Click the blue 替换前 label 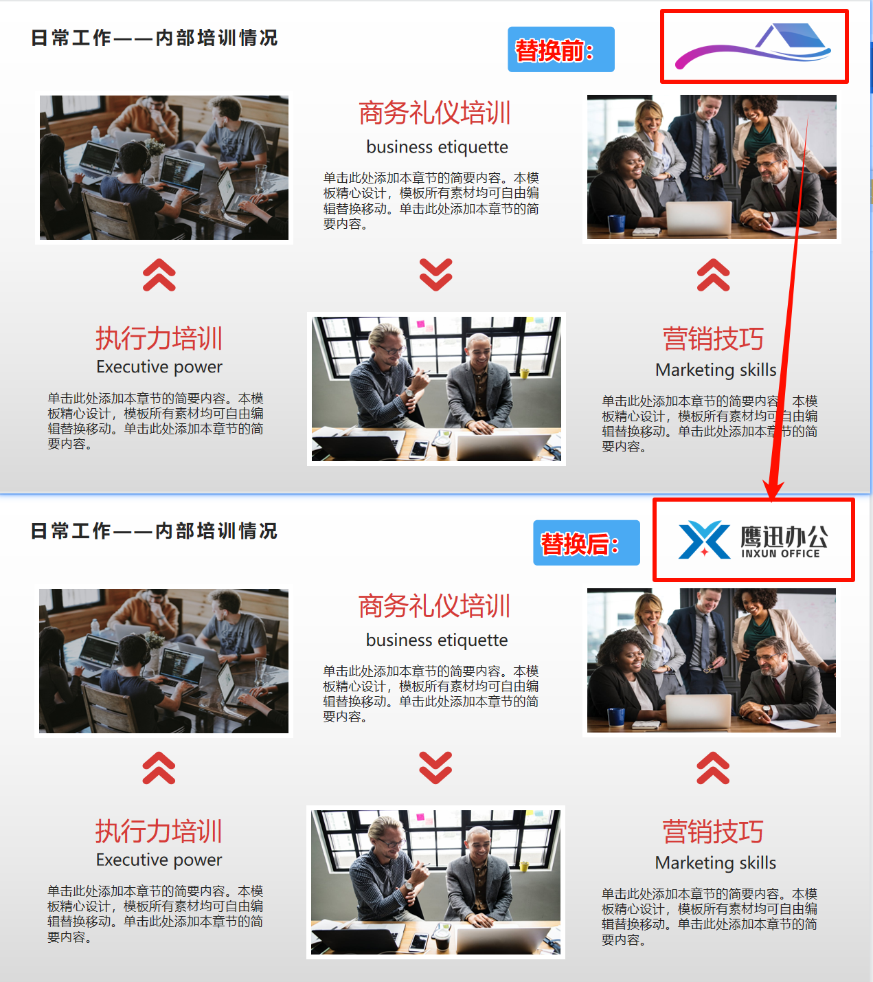pyautogui.click(x=560, y=49)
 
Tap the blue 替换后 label pyautogui.click(x=586, y=543)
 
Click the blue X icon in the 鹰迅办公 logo pyautogui.click(x=704, y=540)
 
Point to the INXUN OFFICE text pyautogui.click(x=780, y=554)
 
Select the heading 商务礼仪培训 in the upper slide pyautogui.click(x=435, y=113)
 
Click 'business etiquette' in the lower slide pyautogui.click(x=437, y=640)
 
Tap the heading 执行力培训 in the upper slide pyautogui.click(x=159, y=338)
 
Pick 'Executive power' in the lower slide pyautogui.click(x=159, y=860)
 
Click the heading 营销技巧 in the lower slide pyautogui.click(x=713, y=832)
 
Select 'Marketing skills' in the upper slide pyautogui.click(x=716, y=370)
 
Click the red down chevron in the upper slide pyautogui.click(x=436, y=275)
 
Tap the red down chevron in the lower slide pyautogui.click(x=436, y=768)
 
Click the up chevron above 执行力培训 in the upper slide pyautogui.click(x=159, y=275)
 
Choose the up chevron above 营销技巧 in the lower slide pyautogui.click(x=713, y=768)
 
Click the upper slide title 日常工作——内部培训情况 pyautogui.click(x=155, y=38)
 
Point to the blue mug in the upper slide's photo pyautogui.click(x=616, y=224)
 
